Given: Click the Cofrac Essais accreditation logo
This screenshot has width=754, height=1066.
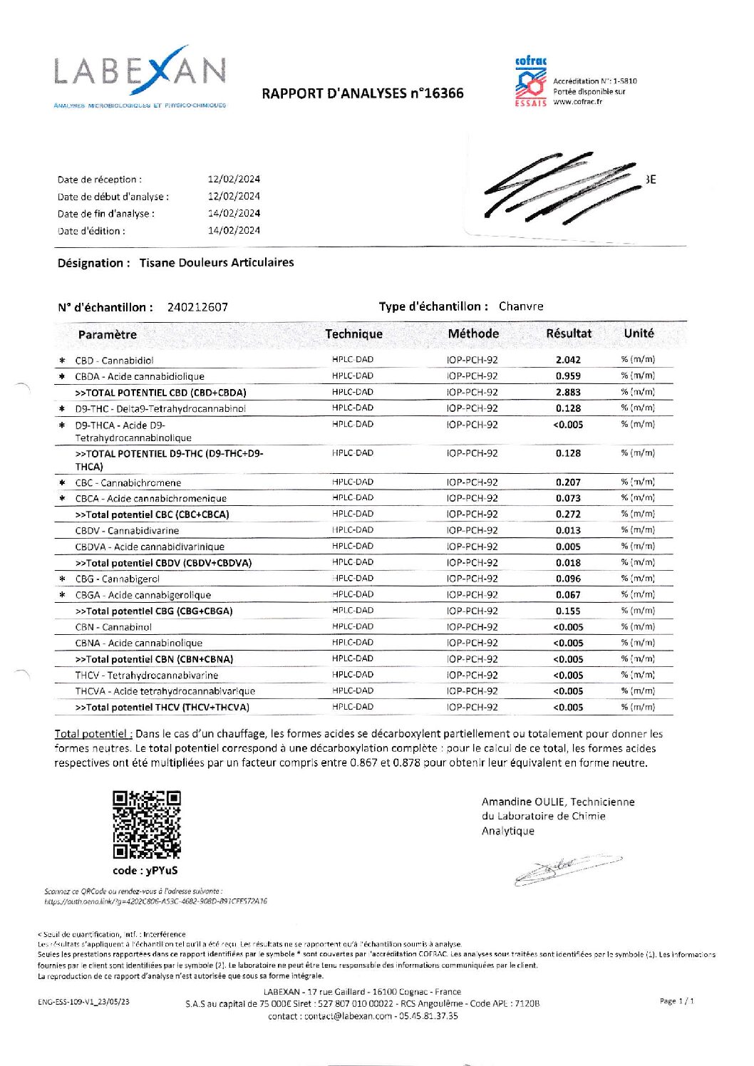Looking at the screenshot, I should [531, 82].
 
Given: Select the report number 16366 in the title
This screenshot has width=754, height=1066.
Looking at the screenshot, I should [443, 93].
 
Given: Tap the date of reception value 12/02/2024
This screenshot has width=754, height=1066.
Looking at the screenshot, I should [234, 179].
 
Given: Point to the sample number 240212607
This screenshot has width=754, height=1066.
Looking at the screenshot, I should [197, 307].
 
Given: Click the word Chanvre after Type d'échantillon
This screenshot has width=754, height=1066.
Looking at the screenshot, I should [521, 306].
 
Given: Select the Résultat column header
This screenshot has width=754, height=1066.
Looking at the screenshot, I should [568, 333].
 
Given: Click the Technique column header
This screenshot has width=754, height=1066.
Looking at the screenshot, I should [353, 334].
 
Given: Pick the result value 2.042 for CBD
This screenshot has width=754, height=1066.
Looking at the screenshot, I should [568, 360].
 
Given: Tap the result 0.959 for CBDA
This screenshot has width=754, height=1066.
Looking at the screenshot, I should [568, 376].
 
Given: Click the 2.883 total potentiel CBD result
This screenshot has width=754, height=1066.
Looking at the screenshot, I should [568, 393].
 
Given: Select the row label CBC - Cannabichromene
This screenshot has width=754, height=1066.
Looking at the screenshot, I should [128, 482].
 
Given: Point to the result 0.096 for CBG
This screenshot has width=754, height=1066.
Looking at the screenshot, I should [568, 579].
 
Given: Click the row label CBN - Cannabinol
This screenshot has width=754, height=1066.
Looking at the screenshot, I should [113, 627].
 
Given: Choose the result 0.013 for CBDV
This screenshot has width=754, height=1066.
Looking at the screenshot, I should [568, 530].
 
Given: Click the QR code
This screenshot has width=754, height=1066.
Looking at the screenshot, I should [146, 824].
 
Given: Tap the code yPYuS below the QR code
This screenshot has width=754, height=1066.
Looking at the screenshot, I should [145, 871].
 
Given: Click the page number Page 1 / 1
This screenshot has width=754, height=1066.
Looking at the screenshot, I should [676, 1001].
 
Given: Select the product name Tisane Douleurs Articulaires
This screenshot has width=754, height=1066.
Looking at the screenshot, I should [217, 263].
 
